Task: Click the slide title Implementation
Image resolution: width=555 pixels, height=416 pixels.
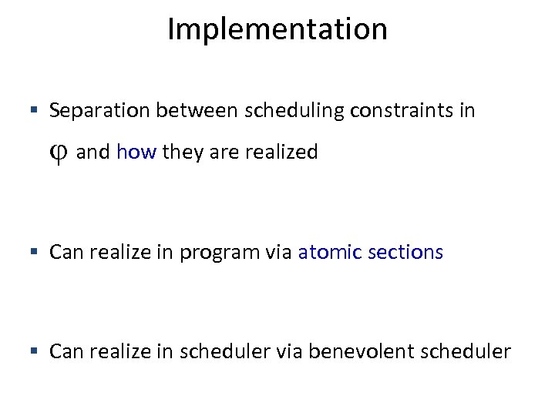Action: (x=277, y=30)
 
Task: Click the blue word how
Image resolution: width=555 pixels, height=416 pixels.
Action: (x=136, y=152)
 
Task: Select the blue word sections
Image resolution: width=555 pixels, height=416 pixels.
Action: (x=405, y=252)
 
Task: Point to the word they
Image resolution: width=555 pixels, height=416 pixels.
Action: (x=182, y=152)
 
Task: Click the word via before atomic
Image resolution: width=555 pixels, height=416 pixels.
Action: (x=280, y=252)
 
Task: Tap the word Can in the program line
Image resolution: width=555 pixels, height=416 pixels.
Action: (x=65, y=252)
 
